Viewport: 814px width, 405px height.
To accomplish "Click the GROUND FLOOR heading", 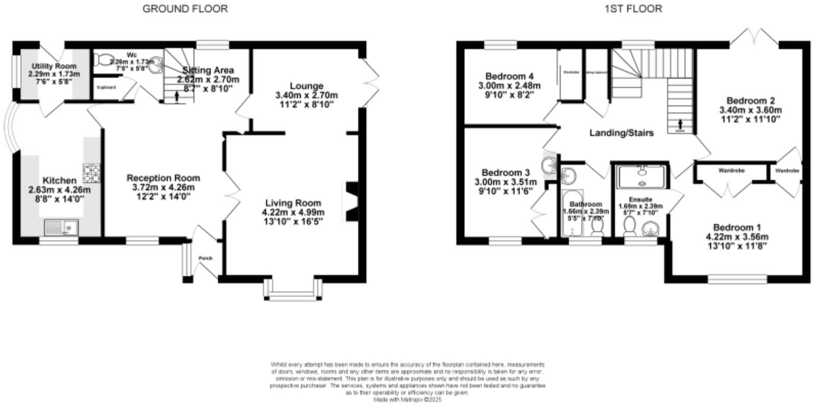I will click(185, 8).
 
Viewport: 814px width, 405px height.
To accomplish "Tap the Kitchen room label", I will click(59, 181).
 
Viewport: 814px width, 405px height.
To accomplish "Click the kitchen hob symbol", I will click(92, 173).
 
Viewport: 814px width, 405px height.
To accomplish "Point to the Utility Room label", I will click(54, 66).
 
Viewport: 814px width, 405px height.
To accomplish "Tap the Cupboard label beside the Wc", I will click(106, 88).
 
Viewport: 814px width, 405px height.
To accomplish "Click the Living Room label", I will click(293, 202).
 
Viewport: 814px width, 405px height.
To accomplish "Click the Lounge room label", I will click(306, 86).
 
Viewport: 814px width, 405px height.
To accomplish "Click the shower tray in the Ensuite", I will click(641, 177).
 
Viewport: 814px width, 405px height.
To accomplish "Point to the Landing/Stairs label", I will click(621, 133).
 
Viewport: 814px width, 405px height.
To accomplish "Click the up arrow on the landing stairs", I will click(680, 124).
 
